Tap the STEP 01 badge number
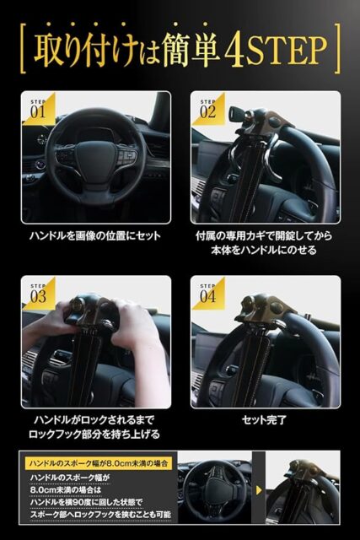coord(38,112)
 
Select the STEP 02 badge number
coord(208,112)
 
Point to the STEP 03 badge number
coord(38,296)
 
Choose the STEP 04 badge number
coord(208,296)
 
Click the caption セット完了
coord(264,420)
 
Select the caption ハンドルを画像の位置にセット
coord(95,236)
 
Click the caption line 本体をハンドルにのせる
coord(264,250)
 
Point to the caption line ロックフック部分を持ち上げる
coord(94,434)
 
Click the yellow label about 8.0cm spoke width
coord(99,463)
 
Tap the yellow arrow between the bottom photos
coord(259,490)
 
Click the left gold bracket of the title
coord(24,48)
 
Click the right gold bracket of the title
coord(337,48)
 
